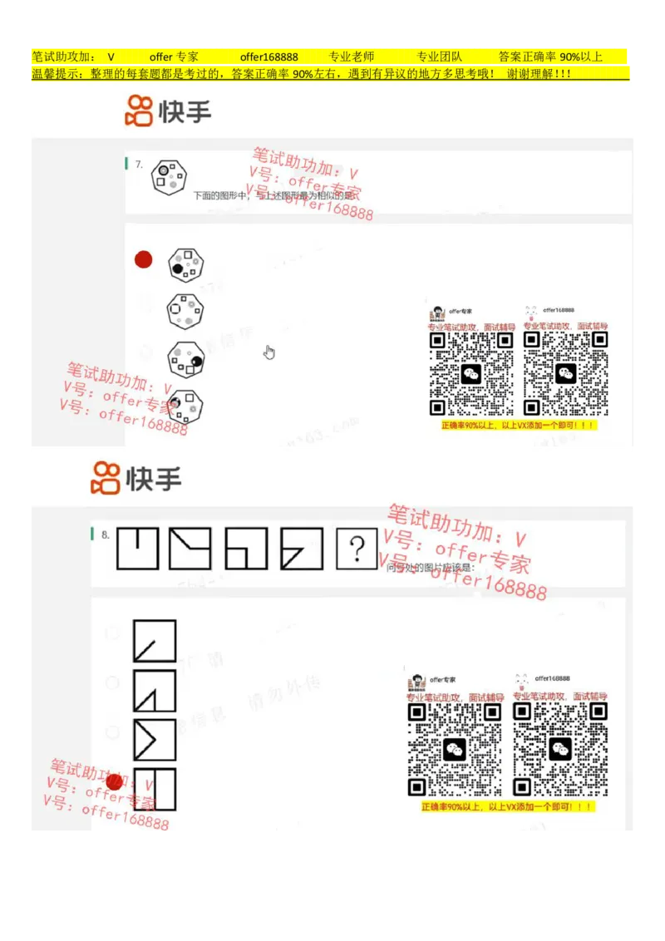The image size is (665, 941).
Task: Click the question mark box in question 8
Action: [x=357, y=549]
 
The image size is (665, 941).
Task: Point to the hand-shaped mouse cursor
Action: [x=269, y=352]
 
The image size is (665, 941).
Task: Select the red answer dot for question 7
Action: [x=144, y=259]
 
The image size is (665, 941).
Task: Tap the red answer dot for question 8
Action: [x=115, y=781]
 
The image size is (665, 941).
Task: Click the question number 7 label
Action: [x=139, y=165]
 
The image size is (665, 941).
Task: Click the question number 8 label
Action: [x=106, y=535]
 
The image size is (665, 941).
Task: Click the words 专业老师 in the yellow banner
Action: [x=352, y=57]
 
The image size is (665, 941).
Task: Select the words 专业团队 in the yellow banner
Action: [x=439, y=57]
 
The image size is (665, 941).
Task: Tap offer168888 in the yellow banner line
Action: [x=268, y=57]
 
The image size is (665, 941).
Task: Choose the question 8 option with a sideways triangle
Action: [x=155, y=740]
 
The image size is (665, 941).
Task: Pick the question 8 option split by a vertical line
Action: [x=155, y=789]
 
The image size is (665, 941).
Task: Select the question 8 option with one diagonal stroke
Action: [x=155, y=641]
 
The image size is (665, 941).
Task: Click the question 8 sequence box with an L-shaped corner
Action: [x=246, y=549]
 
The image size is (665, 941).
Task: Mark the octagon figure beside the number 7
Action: [x=169, y=177]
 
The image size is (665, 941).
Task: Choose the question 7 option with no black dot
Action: [x=185, y=312]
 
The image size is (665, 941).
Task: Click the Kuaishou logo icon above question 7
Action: [x=139, y=111]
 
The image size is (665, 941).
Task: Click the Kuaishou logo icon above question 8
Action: [x=105, y=479]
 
